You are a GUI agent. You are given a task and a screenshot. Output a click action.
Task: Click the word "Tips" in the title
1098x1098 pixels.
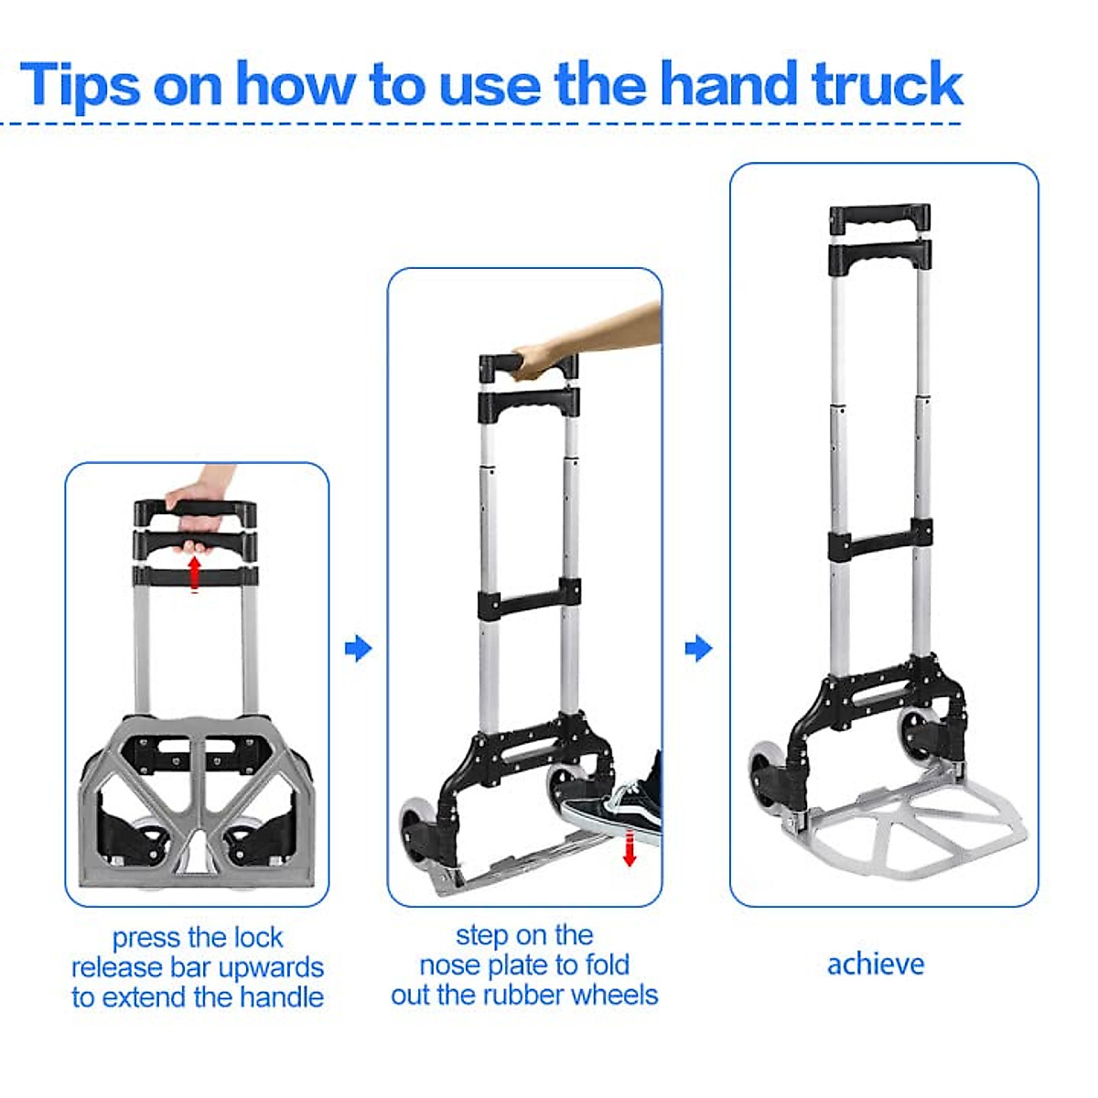click(x=80, y=84)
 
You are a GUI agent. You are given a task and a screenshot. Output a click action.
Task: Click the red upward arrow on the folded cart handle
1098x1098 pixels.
click(x=194, y=573)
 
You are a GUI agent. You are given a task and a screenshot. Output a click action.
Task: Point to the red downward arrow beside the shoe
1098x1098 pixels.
click(x=629, y=848)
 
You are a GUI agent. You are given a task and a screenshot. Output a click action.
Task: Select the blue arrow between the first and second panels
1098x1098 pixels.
click(x=358, y=649)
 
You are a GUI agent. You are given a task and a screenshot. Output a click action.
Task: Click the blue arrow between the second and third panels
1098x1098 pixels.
click(x=698, y=649)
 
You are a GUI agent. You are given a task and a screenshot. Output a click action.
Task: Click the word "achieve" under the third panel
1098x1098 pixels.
click(x=876, y=964)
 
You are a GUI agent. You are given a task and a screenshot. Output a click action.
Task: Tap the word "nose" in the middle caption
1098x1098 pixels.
click(x=448, y=965)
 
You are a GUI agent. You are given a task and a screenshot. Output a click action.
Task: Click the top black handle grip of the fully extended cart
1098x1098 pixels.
click(x=879, y=218)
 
